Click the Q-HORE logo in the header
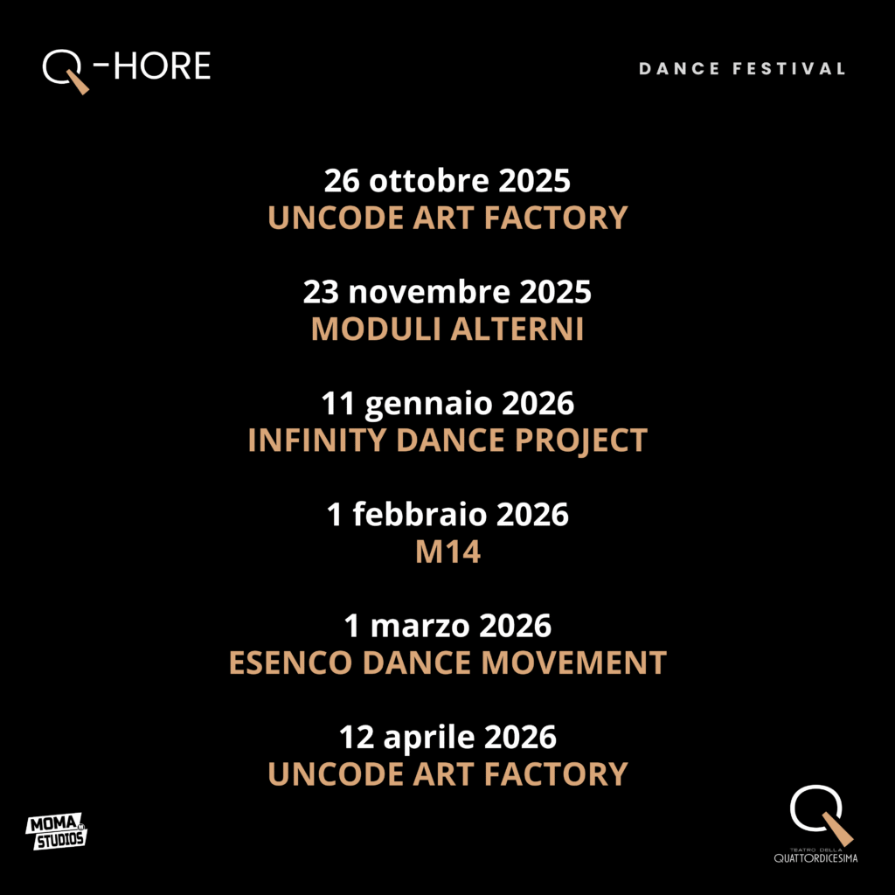126,70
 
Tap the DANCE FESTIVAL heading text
741,69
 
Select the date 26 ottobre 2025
447,181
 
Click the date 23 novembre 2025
447,292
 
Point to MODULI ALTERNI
447,330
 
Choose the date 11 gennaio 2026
447,404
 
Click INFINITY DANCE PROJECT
447,441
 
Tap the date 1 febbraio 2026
447,514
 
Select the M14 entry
447,552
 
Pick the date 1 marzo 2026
447,626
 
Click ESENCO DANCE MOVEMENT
447,663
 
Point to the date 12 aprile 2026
447,738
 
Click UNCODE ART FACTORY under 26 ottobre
447,218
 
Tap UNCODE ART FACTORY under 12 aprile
447,774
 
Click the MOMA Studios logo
57,831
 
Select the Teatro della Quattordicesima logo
816,823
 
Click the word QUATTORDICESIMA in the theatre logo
815,858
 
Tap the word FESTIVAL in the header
789,69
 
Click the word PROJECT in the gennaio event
581,441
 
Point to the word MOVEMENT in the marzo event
574,663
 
